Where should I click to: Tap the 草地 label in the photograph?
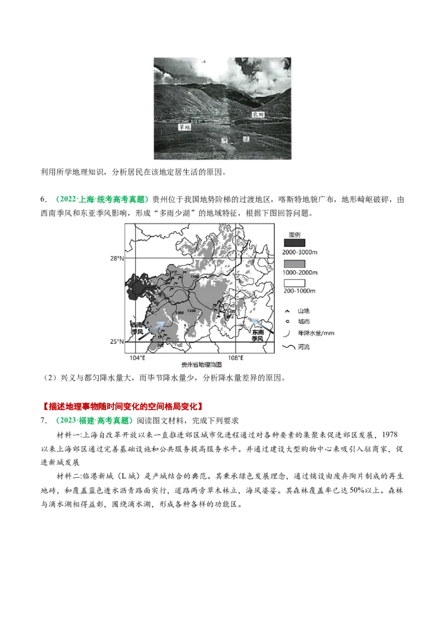[184, 127]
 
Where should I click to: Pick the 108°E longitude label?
[236, 358]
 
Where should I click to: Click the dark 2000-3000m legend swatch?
[294, 243]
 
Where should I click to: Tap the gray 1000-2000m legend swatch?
[294, 262]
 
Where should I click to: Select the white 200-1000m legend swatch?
[294, 281]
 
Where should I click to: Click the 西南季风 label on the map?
[137, 328]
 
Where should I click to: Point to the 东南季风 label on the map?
[258, 335]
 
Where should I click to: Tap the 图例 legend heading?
[295, 233]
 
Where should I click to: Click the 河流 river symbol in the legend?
[289, 347]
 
